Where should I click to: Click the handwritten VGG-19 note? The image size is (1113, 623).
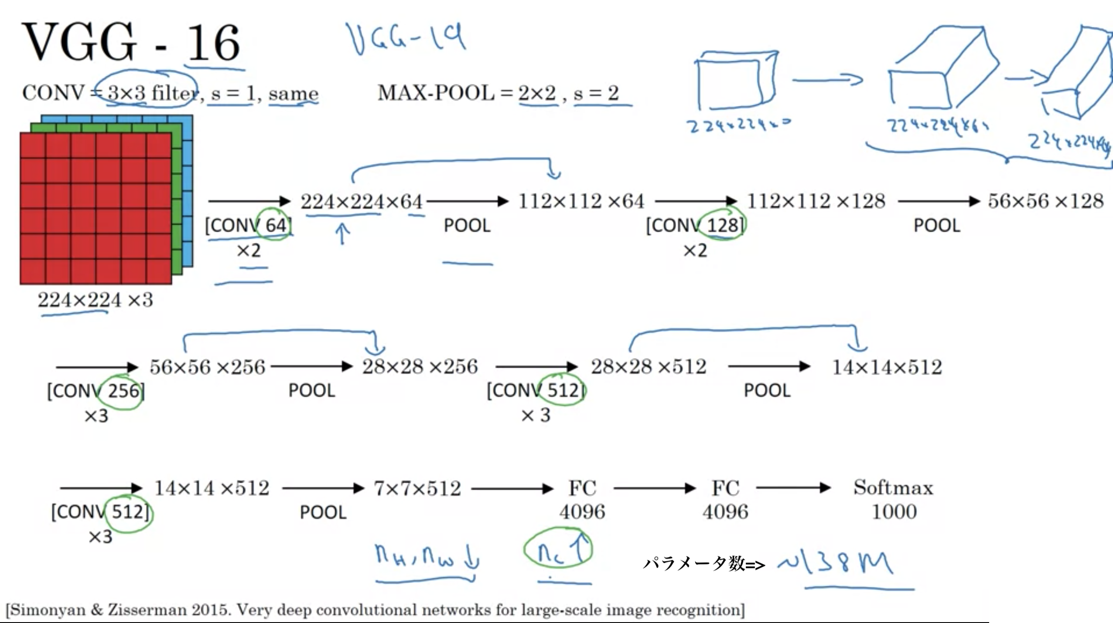[x=406, y=39]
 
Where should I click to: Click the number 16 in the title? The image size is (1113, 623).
[x=214, y=44]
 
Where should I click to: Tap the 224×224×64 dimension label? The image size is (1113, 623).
[x=362, y=202]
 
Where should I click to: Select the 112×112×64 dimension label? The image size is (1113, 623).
[x=581, y=201]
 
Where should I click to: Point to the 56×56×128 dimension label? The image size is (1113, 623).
[x=1045, y=201]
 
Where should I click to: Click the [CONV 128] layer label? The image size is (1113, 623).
[x=695, y=226]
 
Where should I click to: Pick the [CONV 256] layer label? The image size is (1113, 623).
[x=96, y=391]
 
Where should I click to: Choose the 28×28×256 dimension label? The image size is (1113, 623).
[x=420, y=367]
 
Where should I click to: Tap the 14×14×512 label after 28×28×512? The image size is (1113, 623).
[x=887, y=367]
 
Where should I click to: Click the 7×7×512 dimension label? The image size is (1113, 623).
[x=417, y=488]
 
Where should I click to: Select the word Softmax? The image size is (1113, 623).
[x=893, y=488]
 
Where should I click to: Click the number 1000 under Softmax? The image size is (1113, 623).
[x=894, y=512]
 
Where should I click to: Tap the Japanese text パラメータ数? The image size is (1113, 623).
[x=693, y=564]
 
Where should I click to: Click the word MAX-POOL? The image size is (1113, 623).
[x=436, y=93]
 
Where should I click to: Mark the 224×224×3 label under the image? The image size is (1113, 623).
[x=95, y=300]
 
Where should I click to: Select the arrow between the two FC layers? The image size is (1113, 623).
[x=654, y=488]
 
